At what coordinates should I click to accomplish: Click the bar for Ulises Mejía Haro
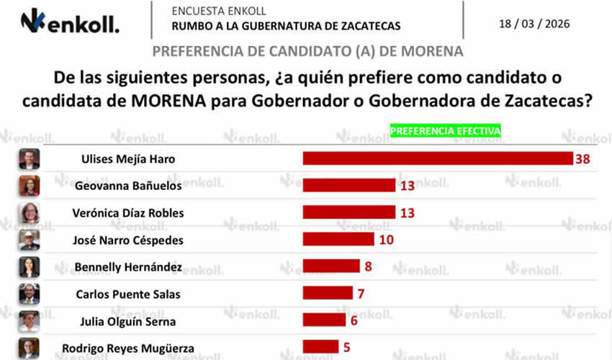[437, 158]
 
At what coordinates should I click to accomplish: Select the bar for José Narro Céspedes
[338, 239]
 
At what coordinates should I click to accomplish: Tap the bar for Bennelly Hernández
[331, 266]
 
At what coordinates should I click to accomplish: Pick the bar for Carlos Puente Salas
[328, 293]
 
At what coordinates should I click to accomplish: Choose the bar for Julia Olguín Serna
[324, 320]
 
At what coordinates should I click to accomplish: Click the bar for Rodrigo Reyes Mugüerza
[320, 346]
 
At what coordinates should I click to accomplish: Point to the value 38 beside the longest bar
[582, 158]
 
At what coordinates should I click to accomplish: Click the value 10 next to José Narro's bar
[386, 239]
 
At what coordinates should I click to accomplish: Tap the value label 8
[368, 266]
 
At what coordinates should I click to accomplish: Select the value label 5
[346, 346]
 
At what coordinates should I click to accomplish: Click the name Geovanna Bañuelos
[128, 186]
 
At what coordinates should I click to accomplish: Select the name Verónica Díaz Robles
[128, 212]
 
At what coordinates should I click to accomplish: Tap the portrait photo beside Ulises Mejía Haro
[29, 158]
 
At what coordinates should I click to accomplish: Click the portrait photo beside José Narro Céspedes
[29, 239]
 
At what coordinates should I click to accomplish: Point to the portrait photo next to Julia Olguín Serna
[29, 320]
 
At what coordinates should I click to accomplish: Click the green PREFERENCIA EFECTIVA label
[445, 130]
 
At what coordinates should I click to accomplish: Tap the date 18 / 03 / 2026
[534, 24]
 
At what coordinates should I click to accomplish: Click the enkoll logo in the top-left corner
[70, 22]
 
